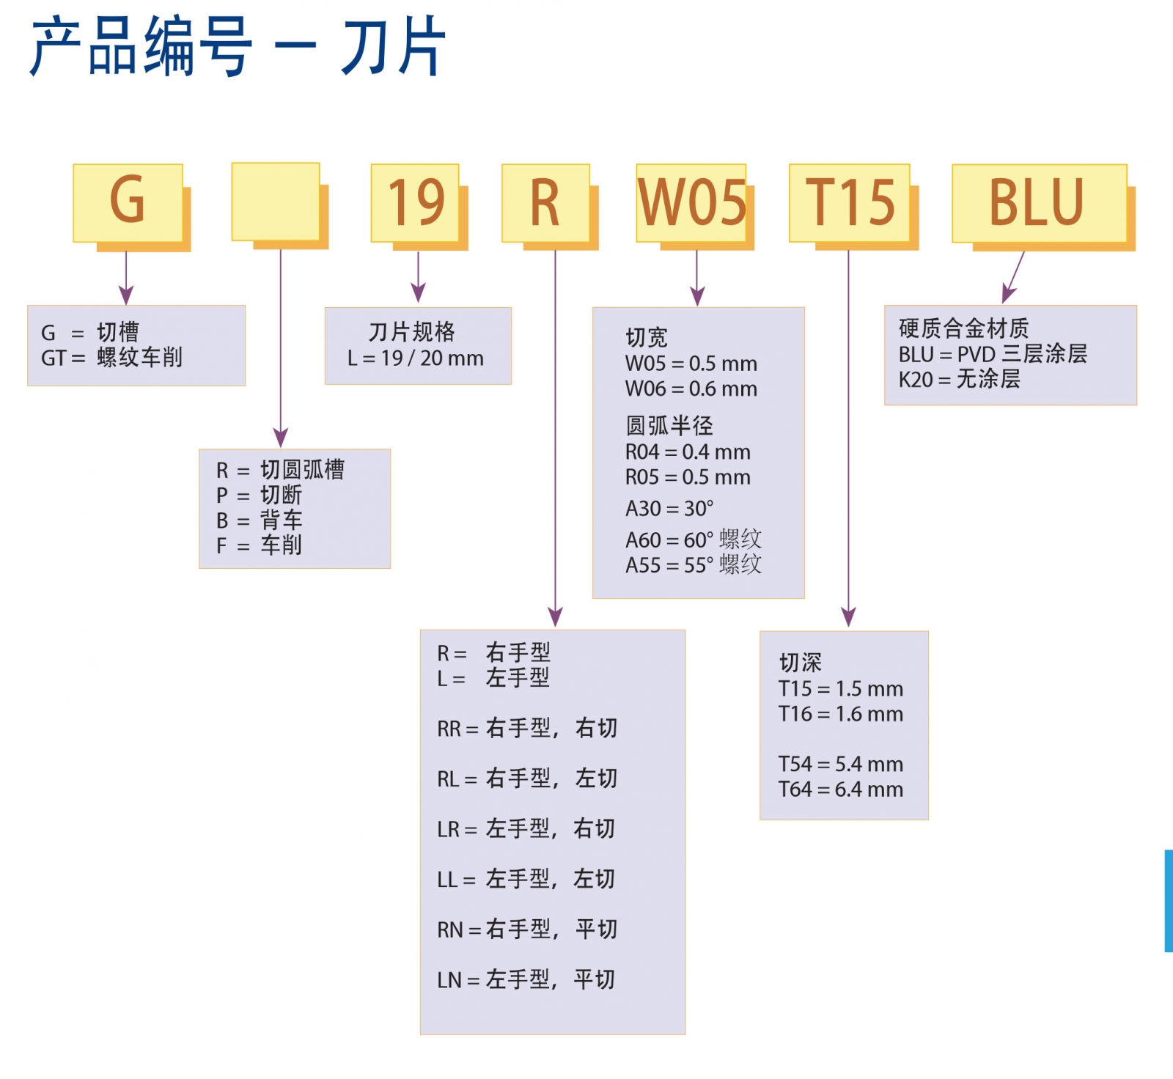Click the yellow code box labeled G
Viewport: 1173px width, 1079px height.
click(x=128, y=202)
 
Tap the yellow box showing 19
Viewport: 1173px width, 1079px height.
click(x=416, y=202)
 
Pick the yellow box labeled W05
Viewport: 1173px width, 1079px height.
click(x=691, y=202)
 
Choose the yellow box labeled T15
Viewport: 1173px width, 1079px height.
click(x=850, y=202)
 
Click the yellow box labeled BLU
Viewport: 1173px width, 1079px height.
click(x=1039, y=202)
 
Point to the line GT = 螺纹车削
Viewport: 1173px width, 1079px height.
click(x=111, y=358)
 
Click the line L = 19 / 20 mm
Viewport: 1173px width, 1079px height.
click(x=416, y=358)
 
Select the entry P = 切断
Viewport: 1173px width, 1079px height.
click(x=259, y=495)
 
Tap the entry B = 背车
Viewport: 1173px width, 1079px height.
click(x=259, y=520)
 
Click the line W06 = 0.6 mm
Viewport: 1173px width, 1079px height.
click(x=691, y=388)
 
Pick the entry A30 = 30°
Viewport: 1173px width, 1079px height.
click(x=669, y=509)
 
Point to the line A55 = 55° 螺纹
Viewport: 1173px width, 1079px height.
click(x=693, y=565)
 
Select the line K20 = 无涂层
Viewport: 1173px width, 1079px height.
click(x=959, y=380)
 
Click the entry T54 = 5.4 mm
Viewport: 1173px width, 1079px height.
click(x=840, y=765)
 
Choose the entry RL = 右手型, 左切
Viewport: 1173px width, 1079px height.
click(x=527, y=778)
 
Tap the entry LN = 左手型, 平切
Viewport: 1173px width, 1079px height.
click(x=526, y=980)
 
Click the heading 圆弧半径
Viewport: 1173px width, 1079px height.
click(x=669, y=426)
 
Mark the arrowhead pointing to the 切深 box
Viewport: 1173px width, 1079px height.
click(x=848, y=617)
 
